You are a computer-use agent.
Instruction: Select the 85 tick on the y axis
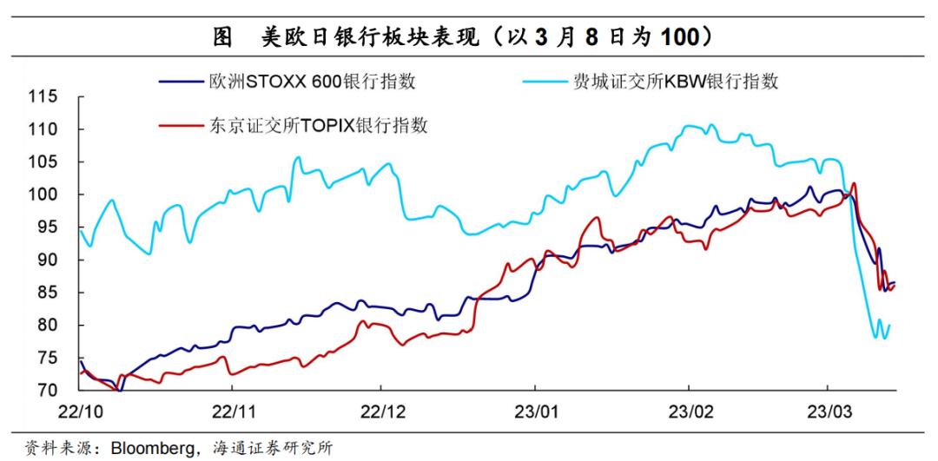pyautogui.click(x=47, y=293)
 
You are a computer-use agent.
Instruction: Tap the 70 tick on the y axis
pyautogui.click(x=47, y=391)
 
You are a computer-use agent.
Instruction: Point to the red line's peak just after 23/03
pyautogui.click(x=855, y=183)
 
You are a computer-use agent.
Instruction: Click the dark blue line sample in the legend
pyautogui.click(x=182, y=82)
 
